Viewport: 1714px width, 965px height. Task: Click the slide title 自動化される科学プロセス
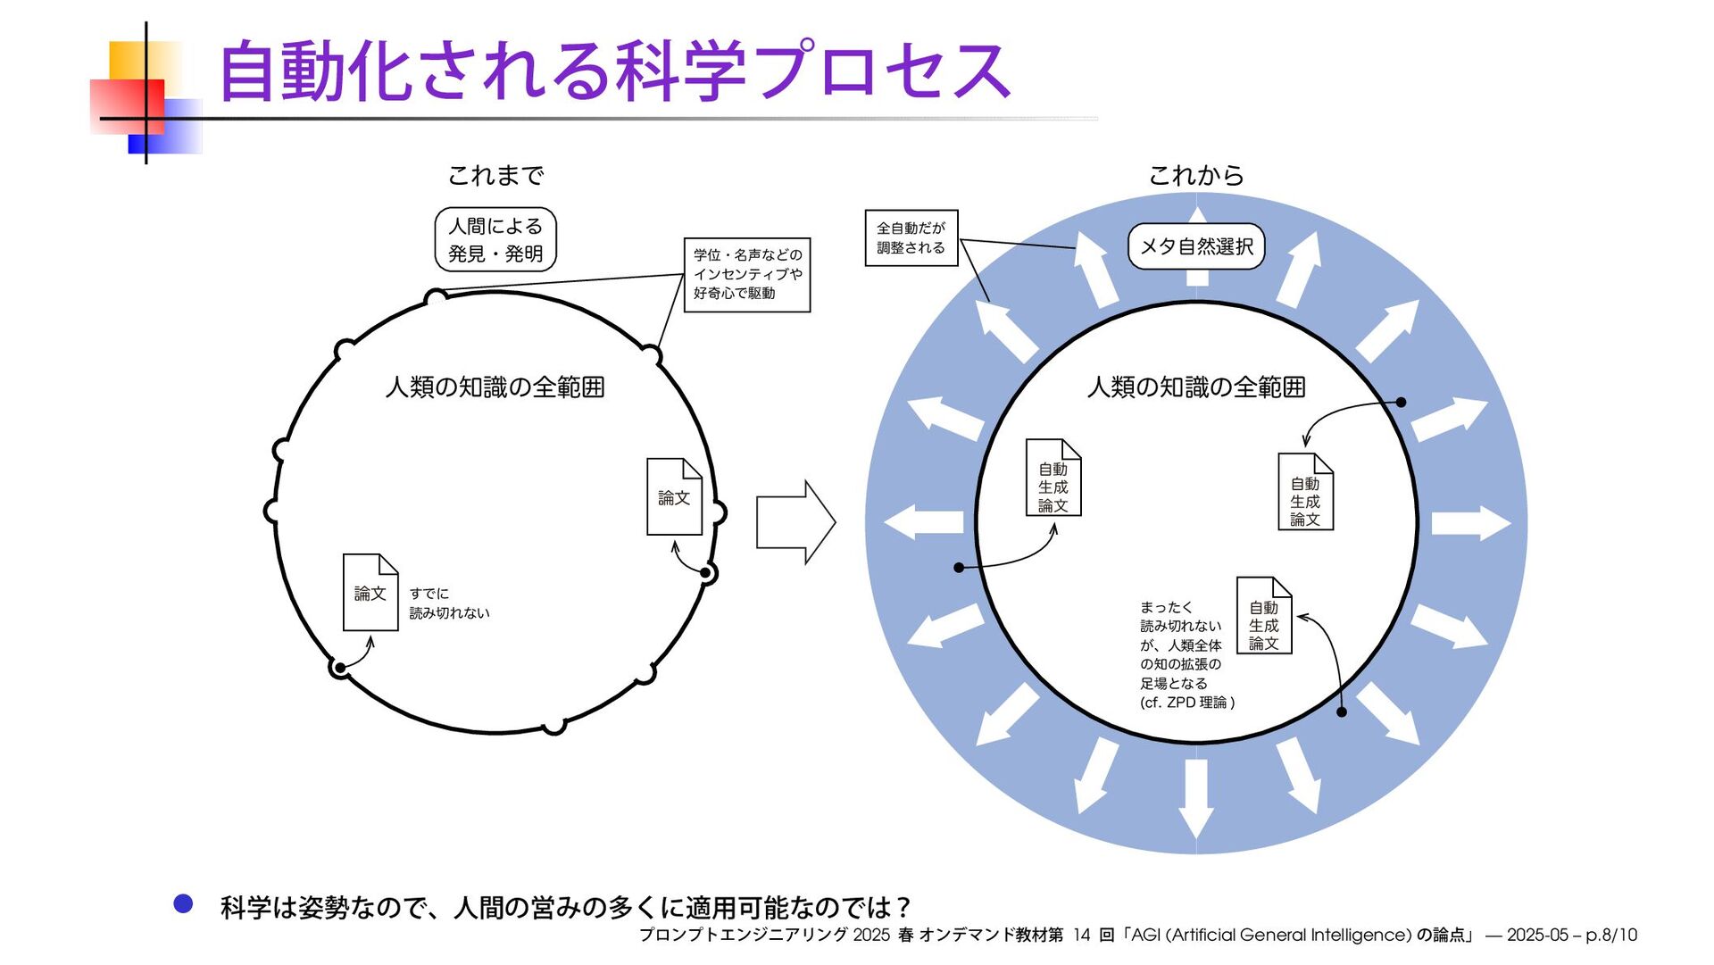point(614,70)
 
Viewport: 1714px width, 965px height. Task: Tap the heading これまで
point(495,176)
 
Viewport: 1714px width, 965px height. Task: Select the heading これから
point(1195,176)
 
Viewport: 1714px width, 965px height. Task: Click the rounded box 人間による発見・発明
point(495,239)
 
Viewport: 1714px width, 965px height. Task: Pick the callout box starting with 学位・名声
point(747,274)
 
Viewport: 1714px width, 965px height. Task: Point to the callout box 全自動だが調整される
point(911,237)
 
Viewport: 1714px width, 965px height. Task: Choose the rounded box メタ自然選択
point(1196,246)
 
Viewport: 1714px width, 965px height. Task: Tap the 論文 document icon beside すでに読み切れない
point(370,593)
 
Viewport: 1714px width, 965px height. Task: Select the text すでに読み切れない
point(449,603)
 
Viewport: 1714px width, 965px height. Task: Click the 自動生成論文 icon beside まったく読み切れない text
point(1264,616)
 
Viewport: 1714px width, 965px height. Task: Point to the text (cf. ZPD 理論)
point(1187,703)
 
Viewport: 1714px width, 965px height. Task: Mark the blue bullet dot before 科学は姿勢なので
point(183,904)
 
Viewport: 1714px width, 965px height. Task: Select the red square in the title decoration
point(127,106)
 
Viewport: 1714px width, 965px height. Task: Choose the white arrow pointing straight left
point(923,522)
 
